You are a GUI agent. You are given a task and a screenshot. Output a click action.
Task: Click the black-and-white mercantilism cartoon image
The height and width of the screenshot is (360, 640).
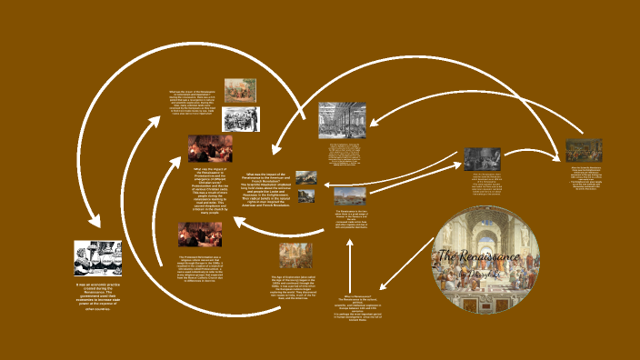pos(98,260)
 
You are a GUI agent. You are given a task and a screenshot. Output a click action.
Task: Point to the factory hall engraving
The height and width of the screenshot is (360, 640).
pos(342,120)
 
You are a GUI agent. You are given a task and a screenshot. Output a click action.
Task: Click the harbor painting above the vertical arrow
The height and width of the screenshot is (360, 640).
pos(350,195)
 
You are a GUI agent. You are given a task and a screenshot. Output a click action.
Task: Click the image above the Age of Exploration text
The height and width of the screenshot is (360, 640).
pos(295,255)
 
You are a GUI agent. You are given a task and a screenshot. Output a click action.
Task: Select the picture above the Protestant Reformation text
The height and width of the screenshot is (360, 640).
pos(199,235)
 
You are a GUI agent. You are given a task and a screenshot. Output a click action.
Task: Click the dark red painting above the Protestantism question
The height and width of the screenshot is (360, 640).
pos(210,148)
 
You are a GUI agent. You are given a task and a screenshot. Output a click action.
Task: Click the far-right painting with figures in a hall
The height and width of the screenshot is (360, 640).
pos(584,150)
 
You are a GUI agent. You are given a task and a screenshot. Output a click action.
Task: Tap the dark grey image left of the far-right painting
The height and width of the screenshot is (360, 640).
pos(482,158)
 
